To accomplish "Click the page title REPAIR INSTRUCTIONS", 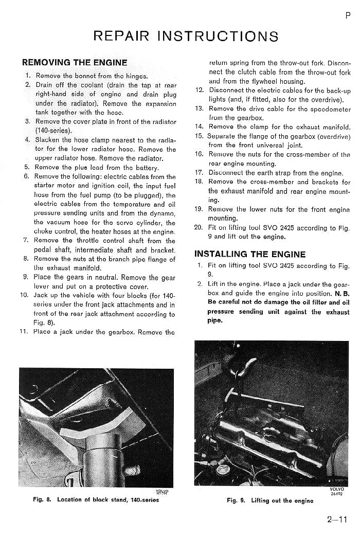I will [x=186, y=36].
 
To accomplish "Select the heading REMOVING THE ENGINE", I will [x=74, y=63].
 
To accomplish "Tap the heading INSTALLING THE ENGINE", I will [x=249, y=254].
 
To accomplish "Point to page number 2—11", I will [x=337, y=519].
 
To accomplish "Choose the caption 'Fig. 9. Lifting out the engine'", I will [x=269, y=500].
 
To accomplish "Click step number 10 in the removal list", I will [x=24, y=295].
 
